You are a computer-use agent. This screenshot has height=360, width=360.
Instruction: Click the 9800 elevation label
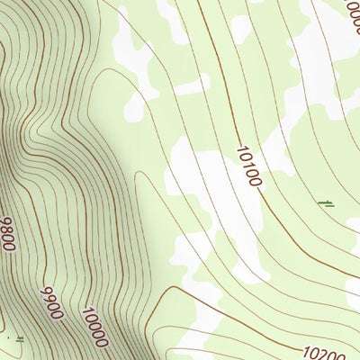8,233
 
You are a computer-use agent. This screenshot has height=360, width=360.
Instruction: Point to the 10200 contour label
325,354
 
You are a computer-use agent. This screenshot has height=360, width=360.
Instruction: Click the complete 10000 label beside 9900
94,328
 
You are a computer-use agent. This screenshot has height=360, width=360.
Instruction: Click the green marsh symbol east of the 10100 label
326,205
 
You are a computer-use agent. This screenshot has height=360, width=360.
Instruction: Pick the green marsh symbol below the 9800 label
18,338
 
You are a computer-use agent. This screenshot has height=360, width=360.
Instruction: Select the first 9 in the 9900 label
45,292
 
